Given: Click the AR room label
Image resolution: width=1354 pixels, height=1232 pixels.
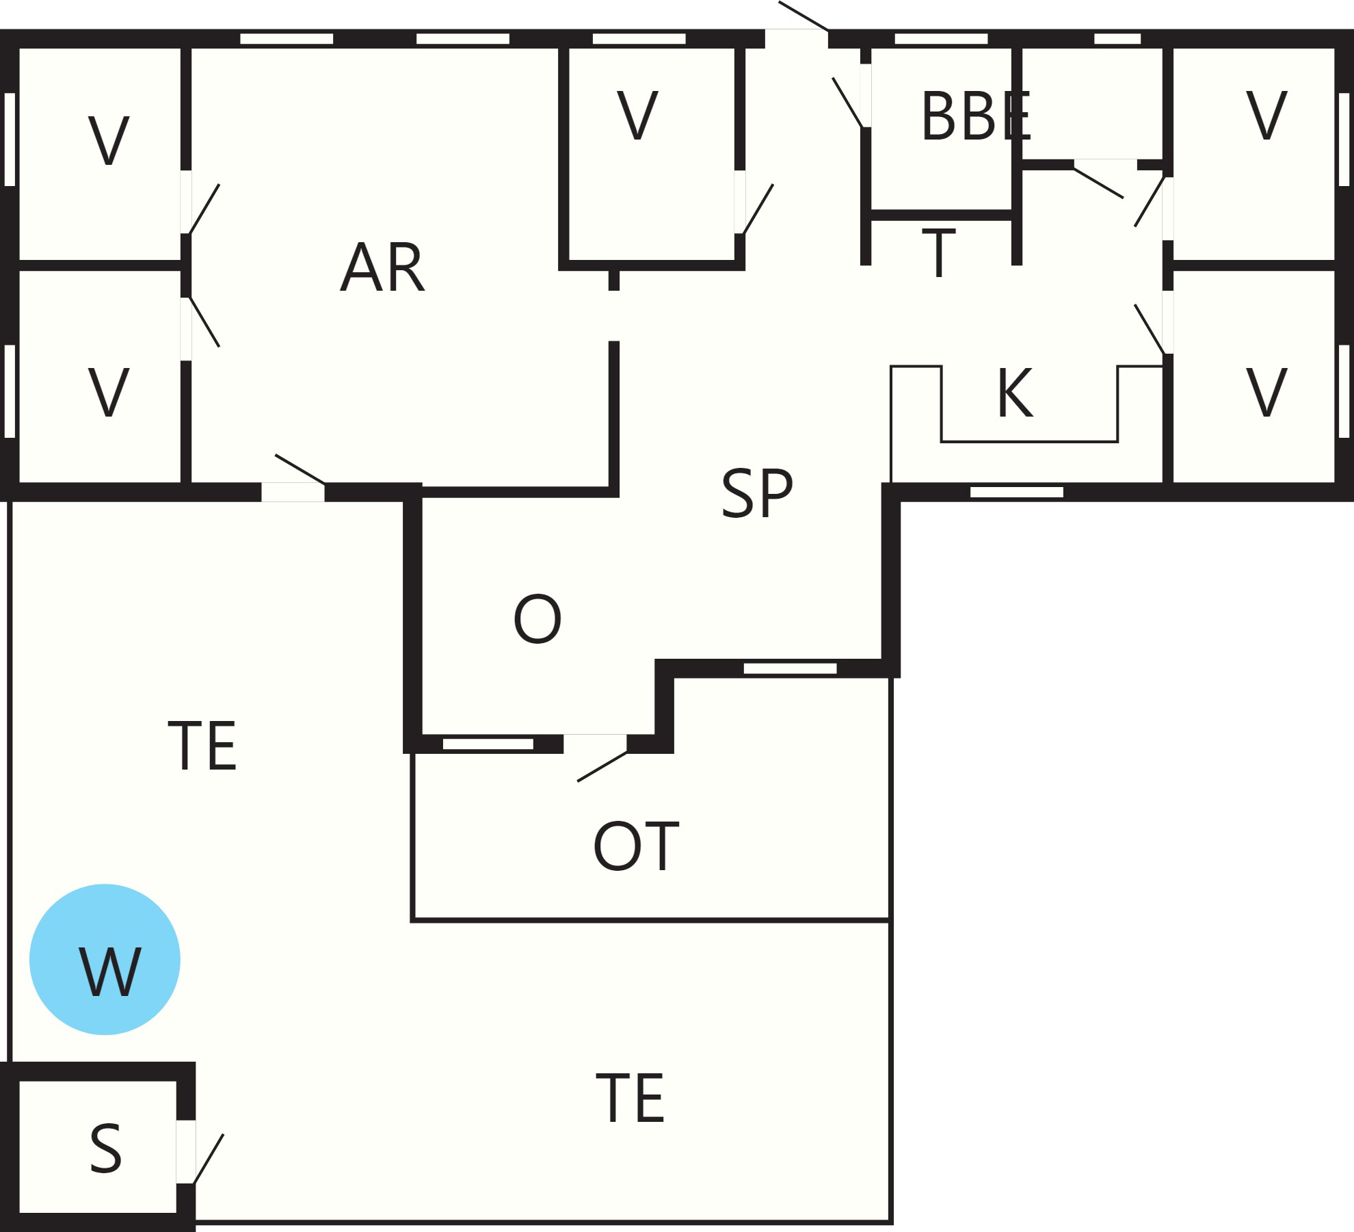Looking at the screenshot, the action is [382, 267].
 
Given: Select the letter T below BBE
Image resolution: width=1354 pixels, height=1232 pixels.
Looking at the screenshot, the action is [939, 253].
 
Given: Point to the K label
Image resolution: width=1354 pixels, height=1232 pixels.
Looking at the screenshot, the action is [1015, 392].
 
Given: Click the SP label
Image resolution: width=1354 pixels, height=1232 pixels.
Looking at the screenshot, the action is [757, 493].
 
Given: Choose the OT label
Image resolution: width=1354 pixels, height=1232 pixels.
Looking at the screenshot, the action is [636, 846].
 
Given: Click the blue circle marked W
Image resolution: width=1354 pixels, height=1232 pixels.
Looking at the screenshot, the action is [105, 959].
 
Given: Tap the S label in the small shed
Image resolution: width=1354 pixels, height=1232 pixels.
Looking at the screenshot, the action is [106, 1149].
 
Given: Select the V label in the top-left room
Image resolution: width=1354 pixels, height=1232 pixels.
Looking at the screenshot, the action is [108, 140].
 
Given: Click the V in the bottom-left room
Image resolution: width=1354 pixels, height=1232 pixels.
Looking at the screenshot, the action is [108, 392].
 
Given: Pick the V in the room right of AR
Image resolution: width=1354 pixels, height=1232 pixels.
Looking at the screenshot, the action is [637, 115].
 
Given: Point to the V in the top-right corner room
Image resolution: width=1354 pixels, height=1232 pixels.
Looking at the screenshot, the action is [1266, 115].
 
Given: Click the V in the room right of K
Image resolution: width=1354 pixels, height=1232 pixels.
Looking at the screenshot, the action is [1266, 392].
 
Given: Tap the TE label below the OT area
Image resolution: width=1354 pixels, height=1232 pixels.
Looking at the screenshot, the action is [630, 1098].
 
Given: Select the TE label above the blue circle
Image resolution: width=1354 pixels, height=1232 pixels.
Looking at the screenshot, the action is [202, 746].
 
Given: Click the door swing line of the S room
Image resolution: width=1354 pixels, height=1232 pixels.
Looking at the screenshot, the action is [209, 1159].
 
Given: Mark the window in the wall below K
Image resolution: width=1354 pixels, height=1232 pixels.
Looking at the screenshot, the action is [1017, 492].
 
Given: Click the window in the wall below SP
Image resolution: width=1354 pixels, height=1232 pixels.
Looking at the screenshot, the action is [790, 668].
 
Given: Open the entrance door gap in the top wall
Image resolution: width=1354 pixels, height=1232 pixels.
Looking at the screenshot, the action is [797, 38].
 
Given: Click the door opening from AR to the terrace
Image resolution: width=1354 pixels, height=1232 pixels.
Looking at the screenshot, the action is [293, 492].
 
